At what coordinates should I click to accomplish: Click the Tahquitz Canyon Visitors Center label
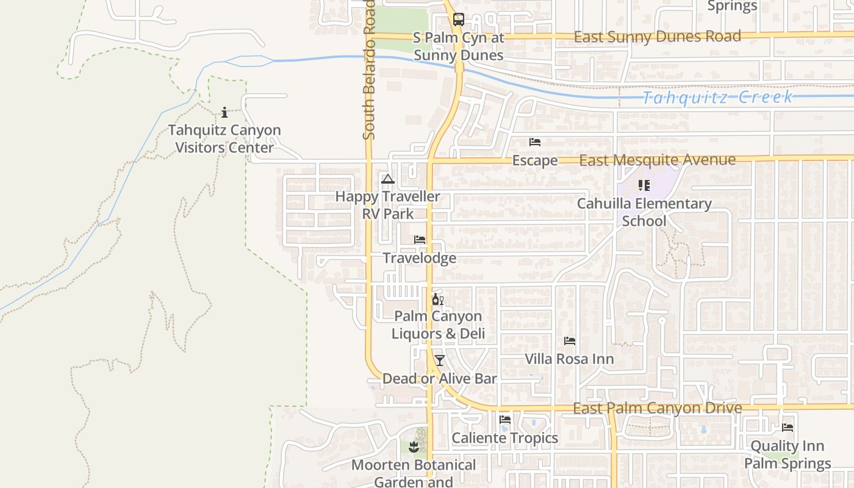[224, 139]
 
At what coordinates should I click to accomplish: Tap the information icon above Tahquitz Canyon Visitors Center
[224, 112]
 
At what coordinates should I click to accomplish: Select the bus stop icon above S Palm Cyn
[458, 20]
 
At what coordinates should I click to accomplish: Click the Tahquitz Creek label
[718, 98]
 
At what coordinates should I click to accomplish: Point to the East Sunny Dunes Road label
[658, 37]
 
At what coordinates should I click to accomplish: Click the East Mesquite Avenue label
[657, 160]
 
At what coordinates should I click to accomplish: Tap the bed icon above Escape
[535, 142]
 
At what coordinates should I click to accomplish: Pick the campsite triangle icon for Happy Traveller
[387, 179]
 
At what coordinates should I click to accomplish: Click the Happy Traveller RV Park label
[387, 205]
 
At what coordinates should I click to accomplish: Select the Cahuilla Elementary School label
[644, 212]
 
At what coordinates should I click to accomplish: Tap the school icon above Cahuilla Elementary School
[644, 185]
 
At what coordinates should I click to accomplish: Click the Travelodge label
[420, 258]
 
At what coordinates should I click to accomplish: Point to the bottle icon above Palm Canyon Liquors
[437, 299]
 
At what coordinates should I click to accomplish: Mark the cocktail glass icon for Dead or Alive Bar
[439, 360]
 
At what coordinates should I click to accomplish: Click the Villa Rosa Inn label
[569, 359]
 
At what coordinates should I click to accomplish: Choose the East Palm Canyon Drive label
[658, 408]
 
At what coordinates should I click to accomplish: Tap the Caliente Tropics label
[504, 438]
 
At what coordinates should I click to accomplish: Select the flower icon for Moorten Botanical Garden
[414, 447]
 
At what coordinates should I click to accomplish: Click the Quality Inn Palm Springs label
[788, 454]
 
